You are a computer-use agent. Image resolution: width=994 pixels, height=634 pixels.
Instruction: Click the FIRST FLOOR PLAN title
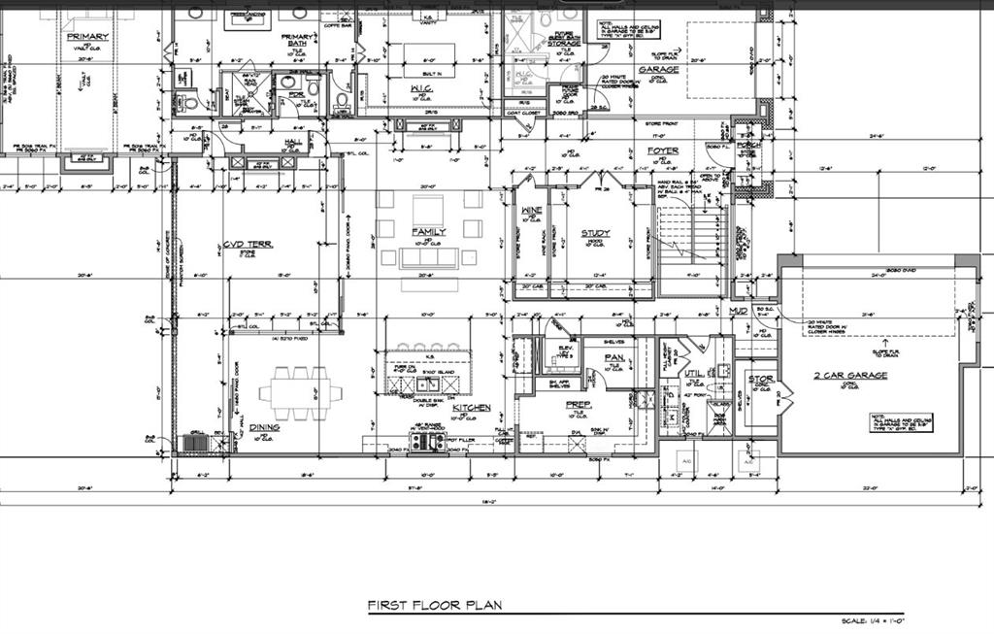pos(434,606)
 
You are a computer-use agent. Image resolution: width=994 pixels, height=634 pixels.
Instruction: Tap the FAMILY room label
pos(428,232)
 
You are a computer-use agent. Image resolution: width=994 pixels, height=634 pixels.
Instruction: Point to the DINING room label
pos(264,427)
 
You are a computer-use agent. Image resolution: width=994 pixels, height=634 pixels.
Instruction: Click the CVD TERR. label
pos(248,245)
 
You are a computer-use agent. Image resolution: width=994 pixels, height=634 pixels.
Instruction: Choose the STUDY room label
pos(595,233)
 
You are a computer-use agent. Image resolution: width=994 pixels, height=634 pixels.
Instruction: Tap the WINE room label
pos(531,211)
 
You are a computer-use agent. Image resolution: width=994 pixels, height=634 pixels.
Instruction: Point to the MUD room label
pos(739,312)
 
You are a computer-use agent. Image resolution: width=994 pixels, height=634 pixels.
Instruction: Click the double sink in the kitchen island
pos(428,384)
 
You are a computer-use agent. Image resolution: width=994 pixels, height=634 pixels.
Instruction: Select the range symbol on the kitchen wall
pos(427,443)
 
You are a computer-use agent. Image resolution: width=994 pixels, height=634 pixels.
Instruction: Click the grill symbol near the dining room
pos(195,444)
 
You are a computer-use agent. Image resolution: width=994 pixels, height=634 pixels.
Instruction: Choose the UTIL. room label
pos(693,372)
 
